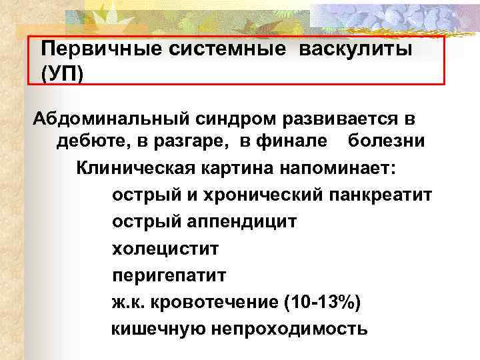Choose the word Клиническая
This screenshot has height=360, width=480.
pyautogui.click(x=134, y=167)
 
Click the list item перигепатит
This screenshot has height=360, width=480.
pyautogui.click(x=169, y=275)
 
